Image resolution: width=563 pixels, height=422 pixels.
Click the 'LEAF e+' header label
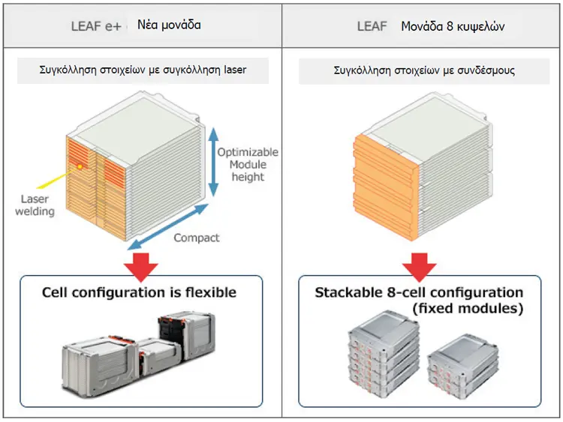coord(96,26)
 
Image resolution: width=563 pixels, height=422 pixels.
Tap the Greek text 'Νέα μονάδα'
coord(169,25)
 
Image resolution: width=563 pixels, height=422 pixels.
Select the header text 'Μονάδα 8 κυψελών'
coord(453,26)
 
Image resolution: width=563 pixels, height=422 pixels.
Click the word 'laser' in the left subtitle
coord(235,69)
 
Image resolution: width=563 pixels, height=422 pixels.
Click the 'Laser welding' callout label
coord(35,205)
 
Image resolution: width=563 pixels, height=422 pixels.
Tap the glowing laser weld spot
coord(80,166)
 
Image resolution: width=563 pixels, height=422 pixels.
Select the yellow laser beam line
coord(58,177)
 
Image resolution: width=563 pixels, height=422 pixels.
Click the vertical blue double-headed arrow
coord(214,162)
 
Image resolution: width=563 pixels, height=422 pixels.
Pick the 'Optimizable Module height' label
coord(248,165)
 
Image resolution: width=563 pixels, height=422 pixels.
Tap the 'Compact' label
coord(197,238)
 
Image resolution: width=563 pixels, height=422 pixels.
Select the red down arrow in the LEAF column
coord(419,267)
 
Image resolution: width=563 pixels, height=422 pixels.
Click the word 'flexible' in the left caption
coord(211,292)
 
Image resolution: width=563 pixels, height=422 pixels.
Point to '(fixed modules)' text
coord(468,308)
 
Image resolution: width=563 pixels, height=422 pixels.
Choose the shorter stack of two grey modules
coord(462,363)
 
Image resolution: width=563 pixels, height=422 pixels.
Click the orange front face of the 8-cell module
coord(386,187)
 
